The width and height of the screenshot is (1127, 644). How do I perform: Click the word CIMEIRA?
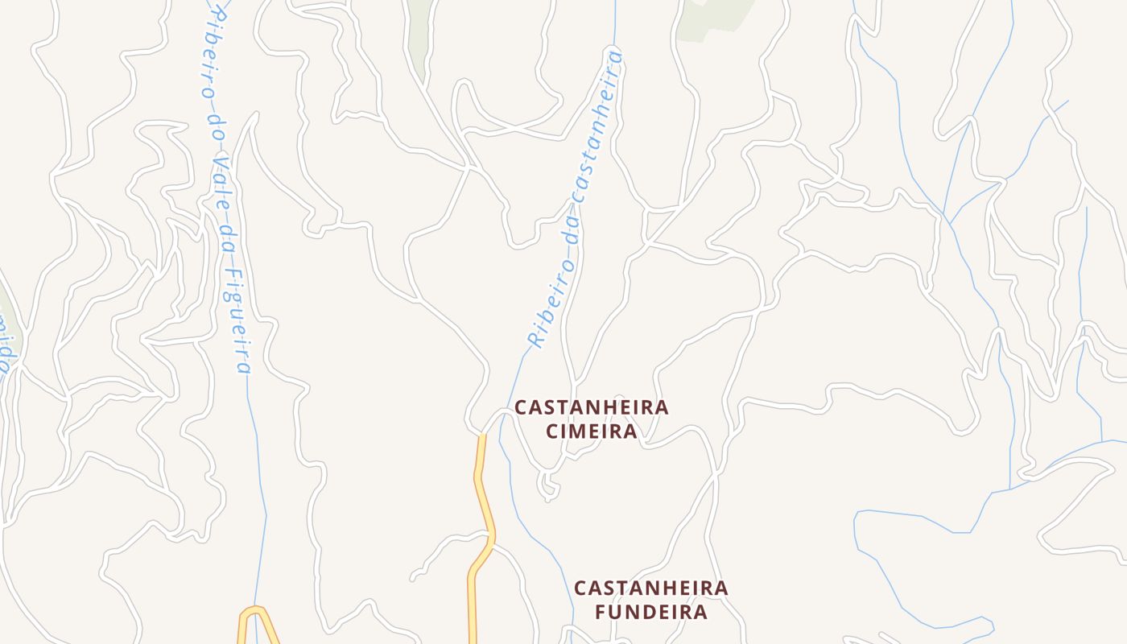coord(592,431)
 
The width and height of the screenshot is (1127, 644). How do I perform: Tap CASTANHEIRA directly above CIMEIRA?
coord(592,407)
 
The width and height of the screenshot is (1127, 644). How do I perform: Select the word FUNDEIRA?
coord(651,612)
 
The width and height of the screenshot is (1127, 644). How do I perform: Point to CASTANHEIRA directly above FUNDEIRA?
coord(651,588)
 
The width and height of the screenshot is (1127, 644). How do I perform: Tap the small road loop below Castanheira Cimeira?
coord(548,485)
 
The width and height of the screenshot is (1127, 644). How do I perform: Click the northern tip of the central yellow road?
coord(481,439)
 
